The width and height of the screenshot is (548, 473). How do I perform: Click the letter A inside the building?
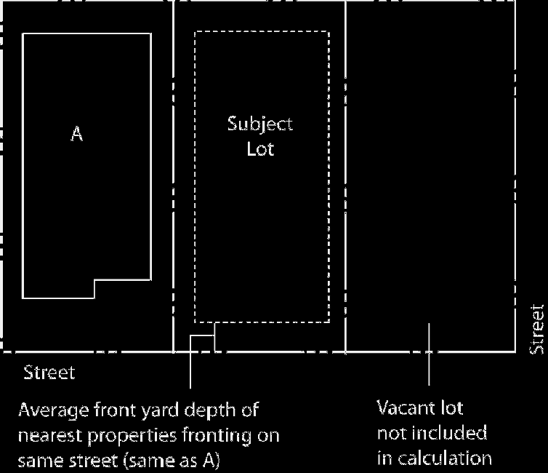click(76, 135)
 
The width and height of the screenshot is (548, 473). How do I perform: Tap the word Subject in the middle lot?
click(260, 124)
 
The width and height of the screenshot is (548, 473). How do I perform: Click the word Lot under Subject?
click(260, 151)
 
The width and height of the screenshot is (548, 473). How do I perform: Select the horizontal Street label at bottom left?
click(49, 373)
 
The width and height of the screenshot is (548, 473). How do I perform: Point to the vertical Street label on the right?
click(537, 330)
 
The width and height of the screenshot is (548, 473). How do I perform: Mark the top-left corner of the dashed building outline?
click(195, 32)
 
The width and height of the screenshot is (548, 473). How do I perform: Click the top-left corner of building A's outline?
click(23, 34)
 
